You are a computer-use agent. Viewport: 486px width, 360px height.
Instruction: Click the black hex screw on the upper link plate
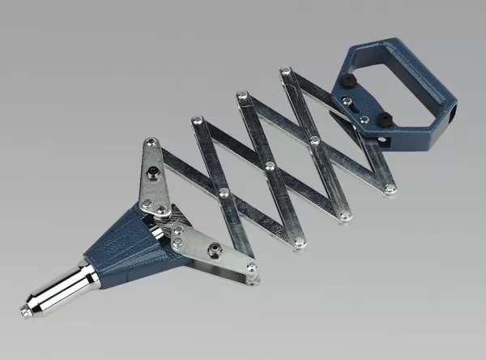tap(153, 171)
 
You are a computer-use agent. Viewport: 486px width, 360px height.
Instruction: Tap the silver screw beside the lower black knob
tap(364, 120)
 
